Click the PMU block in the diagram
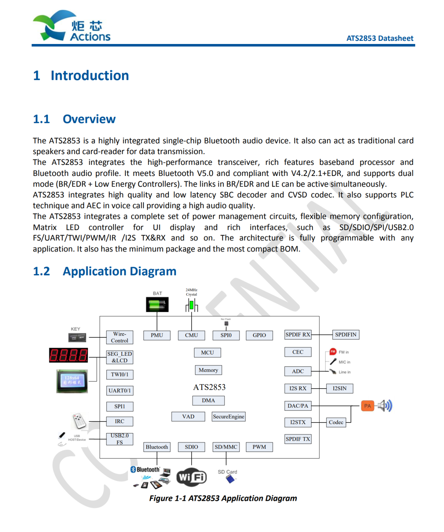point(157,335)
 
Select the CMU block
point(191,335)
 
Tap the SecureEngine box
point(228,417)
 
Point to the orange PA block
point(367,406)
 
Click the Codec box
point(336,422)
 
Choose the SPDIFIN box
point(346,335)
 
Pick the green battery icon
point(157,305)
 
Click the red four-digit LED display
point(68,355)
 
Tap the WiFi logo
point(191,477)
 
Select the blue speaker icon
point(385,406)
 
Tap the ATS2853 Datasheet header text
point(380,38)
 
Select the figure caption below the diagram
point(223,498)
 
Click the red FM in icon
point(333,352)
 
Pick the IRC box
point(120,422)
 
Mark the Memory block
point(208,370)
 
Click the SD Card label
point(227,472)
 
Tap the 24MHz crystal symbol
point(191,306)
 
